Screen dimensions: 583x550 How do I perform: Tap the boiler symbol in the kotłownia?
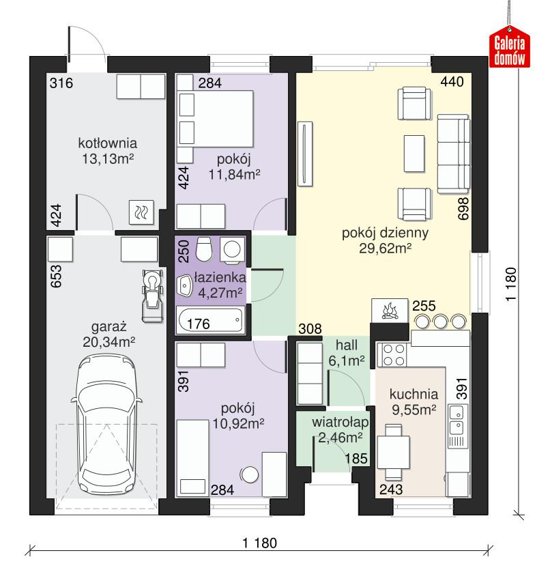point(144,213)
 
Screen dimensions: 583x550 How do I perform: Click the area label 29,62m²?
point(385,249)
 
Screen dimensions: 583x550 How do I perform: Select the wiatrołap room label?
point(332,418)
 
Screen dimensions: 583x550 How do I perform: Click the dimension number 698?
point(463,208)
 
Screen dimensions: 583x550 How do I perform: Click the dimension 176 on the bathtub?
point(198,324)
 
